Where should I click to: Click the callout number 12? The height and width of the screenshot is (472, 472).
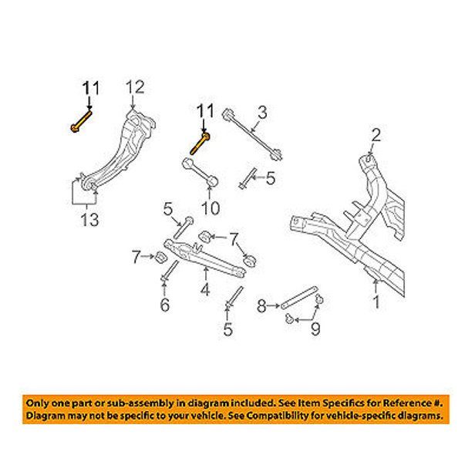(135, 88)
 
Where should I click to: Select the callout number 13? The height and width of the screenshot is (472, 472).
(89, 220)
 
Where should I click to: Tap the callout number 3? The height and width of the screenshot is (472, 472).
(262, 113)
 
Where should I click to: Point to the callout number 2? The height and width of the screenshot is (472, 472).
(376, 135)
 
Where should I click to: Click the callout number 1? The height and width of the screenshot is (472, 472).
(376, 302)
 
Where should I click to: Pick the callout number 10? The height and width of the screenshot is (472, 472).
(211, 207)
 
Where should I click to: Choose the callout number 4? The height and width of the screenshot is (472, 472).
(205, 289)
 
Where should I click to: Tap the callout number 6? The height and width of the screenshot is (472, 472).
(164, 305)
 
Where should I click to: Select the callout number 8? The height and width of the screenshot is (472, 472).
(261, 306)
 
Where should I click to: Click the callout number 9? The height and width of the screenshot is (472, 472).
(315, 329)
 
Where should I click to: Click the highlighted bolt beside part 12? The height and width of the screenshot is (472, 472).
(81, 121)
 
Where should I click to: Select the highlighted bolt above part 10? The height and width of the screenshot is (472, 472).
(200, 143)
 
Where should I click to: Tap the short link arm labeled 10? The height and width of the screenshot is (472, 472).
(200, 172)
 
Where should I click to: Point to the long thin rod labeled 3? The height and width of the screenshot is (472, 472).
(252, 134)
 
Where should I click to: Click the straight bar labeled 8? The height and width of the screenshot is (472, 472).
(298, 298)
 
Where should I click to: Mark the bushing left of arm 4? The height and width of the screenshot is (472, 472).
(160, 257)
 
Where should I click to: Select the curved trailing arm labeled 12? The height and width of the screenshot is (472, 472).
(120, 149)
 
